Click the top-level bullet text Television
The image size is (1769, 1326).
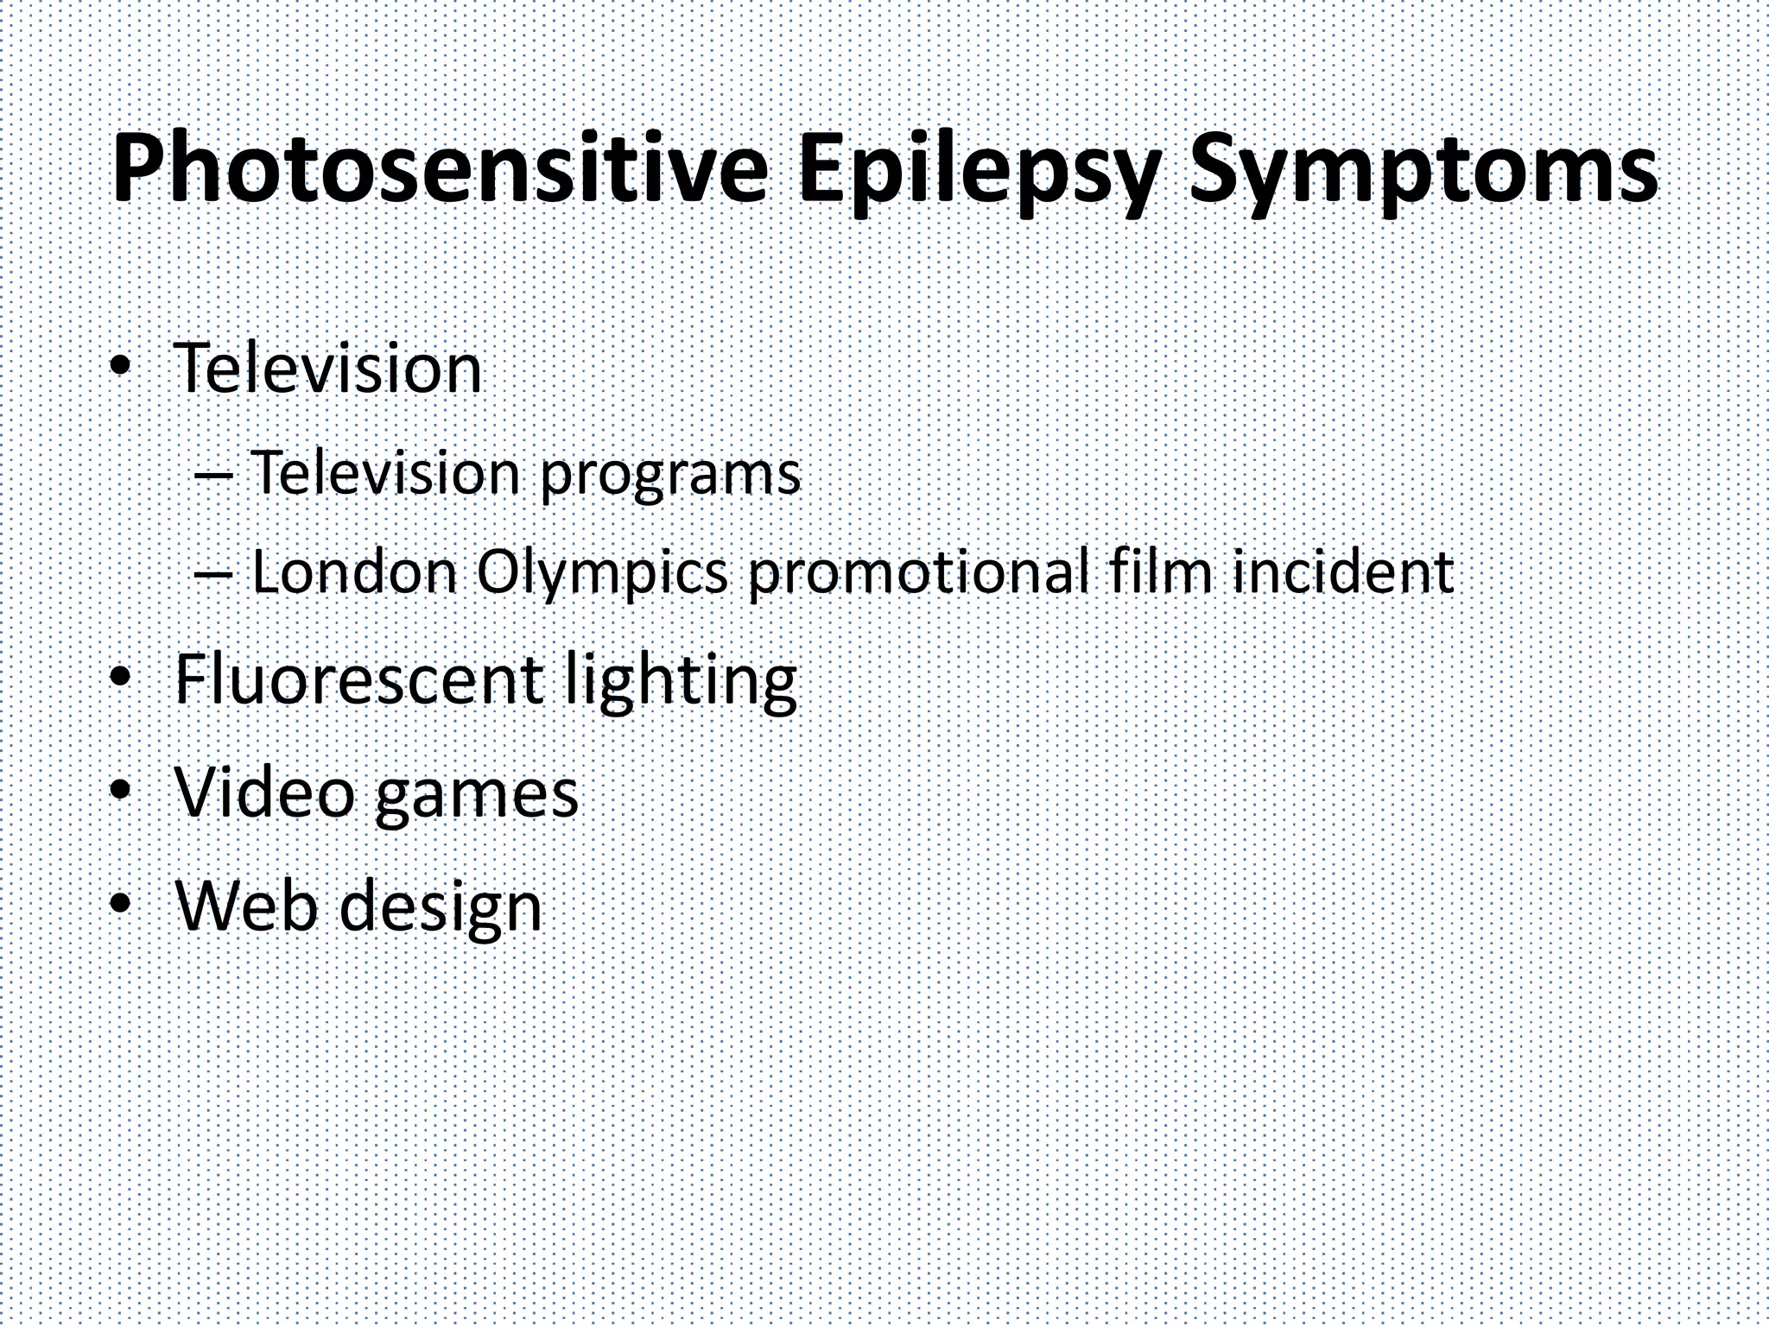(328, 369)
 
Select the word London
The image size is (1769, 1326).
(354, 572)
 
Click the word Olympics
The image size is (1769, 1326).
(602, 572)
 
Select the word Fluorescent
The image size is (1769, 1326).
(358, 679)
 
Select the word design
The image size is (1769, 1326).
(441, 908)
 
